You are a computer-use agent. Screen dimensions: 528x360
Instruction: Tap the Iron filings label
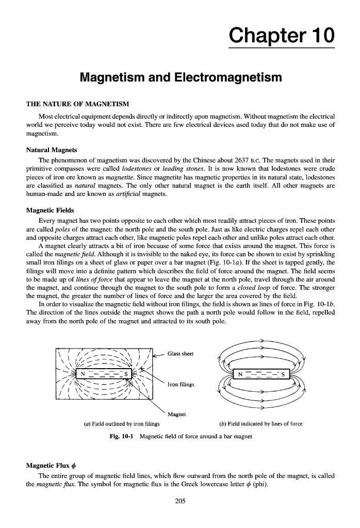[181, 383]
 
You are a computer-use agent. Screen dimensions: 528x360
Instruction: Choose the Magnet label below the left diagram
[177, 414]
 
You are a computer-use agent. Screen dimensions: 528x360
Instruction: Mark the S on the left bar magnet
[127, 372]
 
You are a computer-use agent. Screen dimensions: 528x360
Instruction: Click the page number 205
[179, 501]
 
